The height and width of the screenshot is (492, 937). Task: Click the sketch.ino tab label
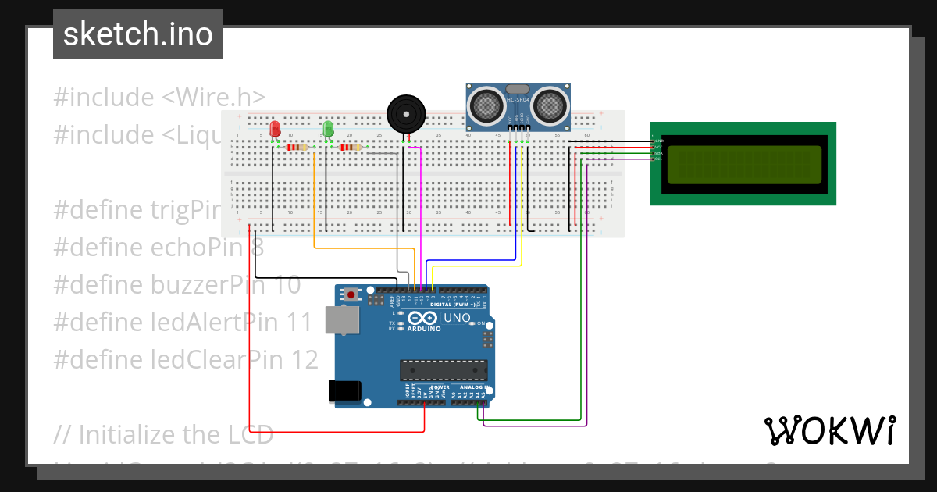[137, 34]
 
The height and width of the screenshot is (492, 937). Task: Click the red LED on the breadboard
[274, 129]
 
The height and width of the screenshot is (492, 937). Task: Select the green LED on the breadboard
[329, 129]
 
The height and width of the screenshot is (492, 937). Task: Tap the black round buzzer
[407, 114]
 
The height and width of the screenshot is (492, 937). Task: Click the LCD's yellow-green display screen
[743, 164]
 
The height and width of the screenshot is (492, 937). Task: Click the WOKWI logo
[829, 430]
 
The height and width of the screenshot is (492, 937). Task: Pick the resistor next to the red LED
[297, 147]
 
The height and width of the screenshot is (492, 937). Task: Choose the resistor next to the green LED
[351, 147]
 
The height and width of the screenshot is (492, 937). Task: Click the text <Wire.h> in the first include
[214, 98]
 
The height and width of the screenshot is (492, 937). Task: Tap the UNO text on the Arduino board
[457, 318]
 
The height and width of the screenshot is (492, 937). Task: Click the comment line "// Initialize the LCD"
[164, 433]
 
